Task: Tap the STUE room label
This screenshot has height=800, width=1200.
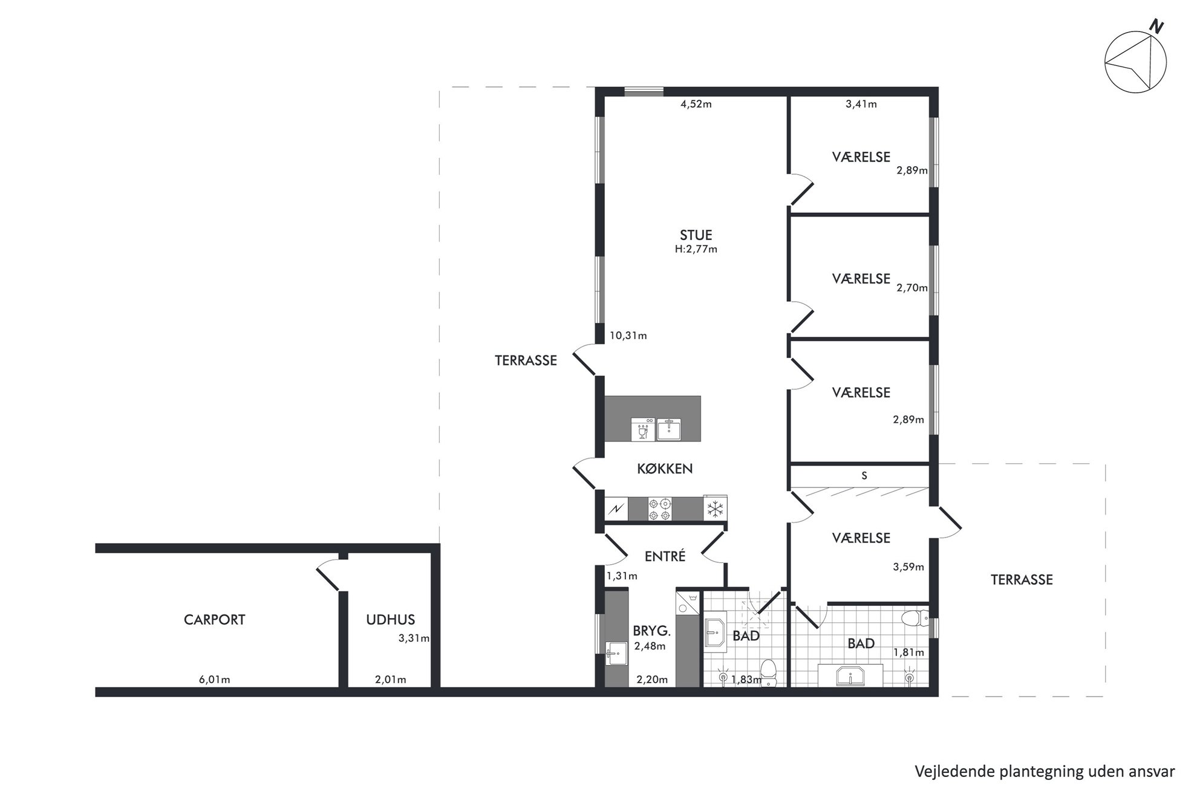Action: tap(696, 235)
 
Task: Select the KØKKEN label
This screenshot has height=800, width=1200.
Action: tap(665, 469)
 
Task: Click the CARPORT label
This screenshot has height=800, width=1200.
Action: tap(214, 620)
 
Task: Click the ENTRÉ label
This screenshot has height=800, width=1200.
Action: tap(665, 556)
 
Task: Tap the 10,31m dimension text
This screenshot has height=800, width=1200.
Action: tap(628, 336)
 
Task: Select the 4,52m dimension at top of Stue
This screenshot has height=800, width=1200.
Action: tap(696, 104)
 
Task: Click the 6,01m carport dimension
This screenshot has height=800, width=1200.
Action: tap(214, 680)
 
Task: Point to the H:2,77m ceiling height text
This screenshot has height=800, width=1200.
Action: tap(696, 249)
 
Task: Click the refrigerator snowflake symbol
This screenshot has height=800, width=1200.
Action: tap(716, 509)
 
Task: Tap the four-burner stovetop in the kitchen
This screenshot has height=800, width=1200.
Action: tap(659, 509)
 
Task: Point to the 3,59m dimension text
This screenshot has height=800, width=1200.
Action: tap(908, 567)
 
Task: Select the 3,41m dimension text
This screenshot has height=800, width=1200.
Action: tap(861, 104)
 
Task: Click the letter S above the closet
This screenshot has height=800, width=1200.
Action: tap(864, 476)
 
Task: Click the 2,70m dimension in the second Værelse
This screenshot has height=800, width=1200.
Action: tap(911, 288)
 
